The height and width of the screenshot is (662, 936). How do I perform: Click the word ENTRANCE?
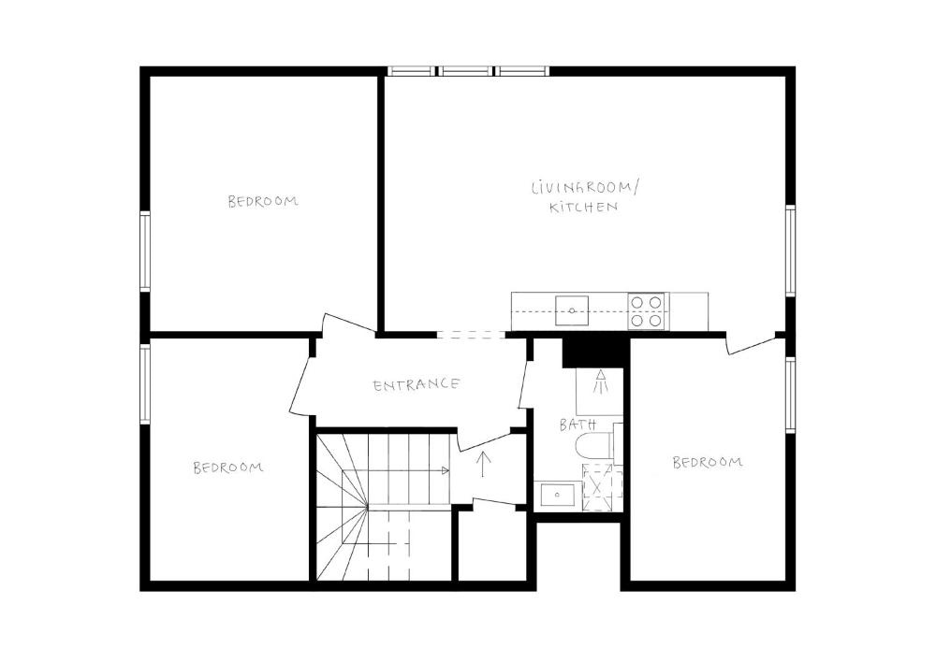417,384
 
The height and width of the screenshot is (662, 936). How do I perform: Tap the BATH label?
578,425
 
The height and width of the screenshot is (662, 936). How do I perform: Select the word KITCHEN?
583,208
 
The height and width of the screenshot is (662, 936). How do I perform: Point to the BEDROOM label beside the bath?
708,462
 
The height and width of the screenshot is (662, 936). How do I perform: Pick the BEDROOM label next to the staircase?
228,468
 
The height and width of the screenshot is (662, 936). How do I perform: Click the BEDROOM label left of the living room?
263,201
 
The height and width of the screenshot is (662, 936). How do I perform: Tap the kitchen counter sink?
571,310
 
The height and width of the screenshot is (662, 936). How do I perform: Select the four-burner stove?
648,311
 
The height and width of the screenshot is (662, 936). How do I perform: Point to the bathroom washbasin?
558,495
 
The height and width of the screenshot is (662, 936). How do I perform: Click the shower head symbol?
601,381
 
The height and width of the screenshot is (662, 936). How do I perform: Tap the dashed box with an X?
602,487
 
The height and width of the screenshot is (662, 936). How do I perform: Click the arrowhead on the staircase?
445,470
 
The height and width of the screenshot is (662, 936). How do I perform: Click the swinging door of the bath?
525,384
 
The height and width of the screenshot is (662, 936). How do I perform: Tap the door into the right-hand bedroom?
754,345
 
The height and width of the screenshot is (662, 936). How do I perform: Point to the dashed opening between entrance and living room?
471,335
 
